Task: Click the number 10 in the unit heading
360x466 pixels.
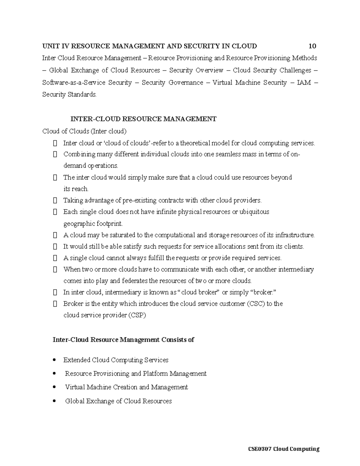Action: [x=312, y=46]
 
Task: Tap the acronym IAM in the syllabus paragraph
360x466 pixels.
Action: [x=304, y=83]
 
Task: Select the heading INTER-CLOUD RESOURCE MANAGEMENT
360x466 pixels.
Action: [x=143, y=119]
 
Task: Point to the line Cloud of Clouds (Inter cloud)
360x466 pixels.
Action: [x=84, y=131]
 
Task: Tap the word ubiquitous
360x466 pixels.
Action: [x=255, y=212]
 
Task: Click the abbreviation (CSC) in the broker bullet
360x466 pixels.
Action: [x=256, y=304]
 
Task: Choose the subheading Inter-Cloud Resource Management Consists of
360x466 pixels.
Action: [x=123, y=340]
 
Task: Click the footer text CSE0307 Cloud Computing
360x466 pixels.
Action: [x=283, y=449]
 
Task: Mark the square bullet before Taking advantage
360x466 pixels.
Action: [x=55, y=200]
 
